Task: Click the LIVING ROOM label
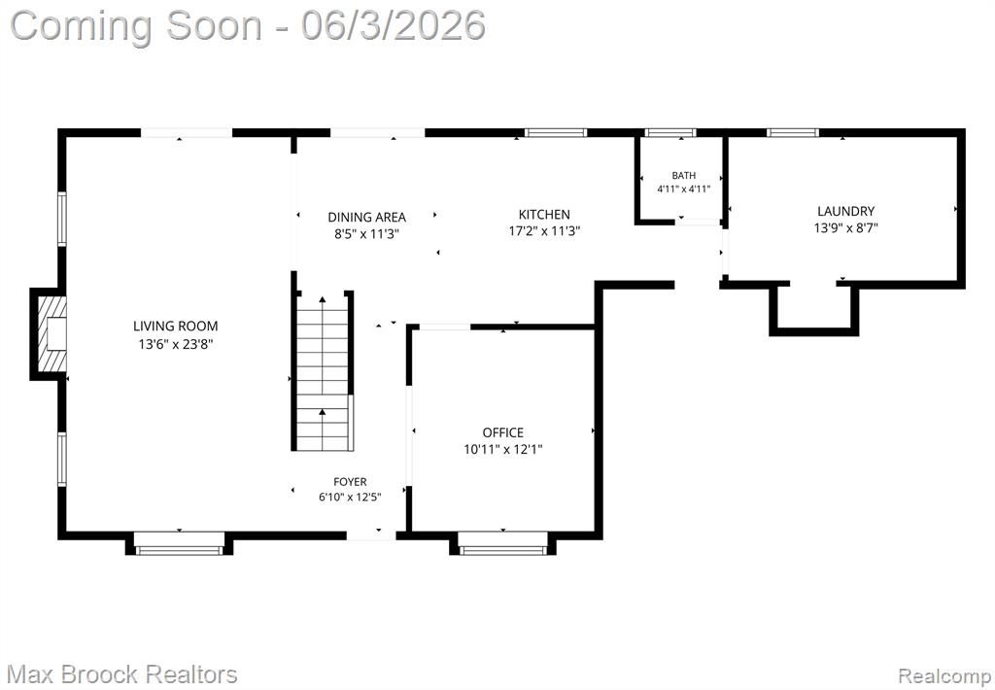(x=175, y=327)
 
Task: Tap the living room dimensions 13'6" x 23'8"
(x=176, y=345)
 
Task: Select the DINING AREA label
(x=366, y=217)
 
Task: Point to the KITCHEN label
(x=544, y=215)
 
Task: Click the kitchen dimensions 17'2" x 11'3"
(x=544, y=231)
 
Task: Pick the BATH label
(x=683, y=175)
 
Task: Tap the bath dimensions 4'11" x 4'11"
(x=683, y=189)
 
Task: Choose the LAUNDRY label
(x=846, y=212)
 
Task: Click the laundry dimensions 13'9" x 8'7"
(x=846, y=227)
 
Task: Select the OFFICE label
(x=503, y=432)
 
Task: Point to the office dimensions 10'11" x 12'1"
(x=503, y=450)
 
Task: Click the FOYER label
(x=350, y=482)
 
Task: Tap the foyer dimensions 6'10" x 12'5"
(x=350, y=497)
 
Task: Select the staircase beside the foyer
(x=323, y=371)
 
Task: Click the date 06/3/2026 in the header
(x=394, y=26)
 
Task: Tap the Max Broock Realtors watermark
(x=123, y=674)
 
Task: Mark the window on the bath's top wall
(x=670, y=133)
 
